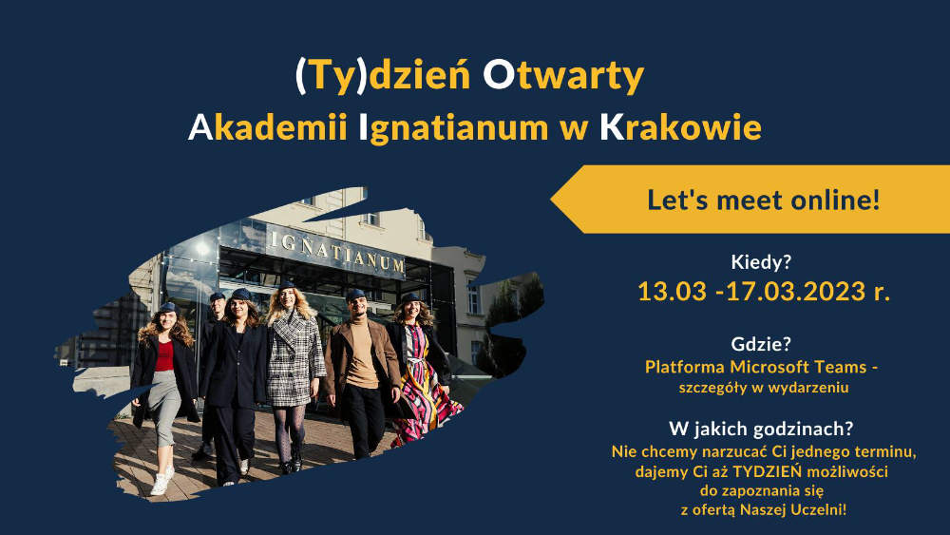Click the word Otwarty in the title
pos(562,76)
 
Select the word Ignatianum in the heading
pos(453,128)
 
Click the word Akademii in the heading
pos(267,127)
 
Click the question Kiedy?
pos(761,262)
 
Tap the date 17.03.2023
pos(795,292)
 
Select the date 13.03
pos(672,292)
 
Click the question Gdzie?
pos(761,344)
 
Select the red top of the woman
pos(163,355)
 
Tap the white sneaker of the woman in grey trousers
pos(160,485)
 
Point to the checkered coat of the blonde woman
pos(294,359)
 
